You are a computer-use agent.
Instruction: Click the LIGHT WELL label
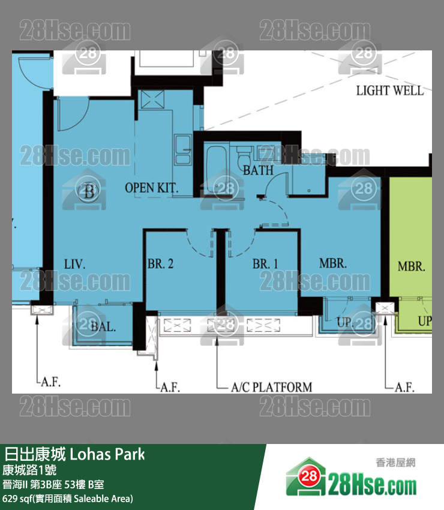pos(390,91)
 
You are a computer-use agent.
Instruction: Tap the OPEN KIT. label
pos(152,188)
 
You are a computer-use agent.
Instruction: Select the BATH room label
pos(258,170)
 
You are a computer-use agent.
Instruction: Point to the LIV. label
pos(75,264)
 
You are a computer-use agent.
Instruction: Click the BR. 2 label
pos(160,264)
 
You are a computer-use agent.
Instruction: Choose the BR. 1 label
pos(265,264)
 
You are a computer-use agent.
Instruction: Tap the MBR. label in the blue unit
pos(333,263)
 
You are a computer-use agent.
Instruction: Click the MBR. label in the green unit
pos(412,267)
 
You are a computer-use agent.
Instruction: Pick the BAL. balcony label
pos(103,327)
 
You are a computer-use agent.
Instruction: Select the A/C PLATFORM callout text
pos(272,387)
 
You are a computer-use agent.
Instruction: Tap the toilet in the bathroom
pos(244,157)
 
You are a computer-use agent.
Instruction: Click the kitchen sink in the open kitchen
pos(182,149)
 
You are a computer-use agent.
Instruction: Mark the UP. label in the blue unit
pos(344,322)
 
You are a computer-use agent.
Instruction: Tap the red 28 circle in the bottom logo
pos(308,477)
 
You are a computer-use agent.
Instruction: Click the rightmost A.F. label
pos(404,388)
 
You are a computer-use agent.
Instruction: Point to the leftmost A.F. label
pos(51,382)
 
